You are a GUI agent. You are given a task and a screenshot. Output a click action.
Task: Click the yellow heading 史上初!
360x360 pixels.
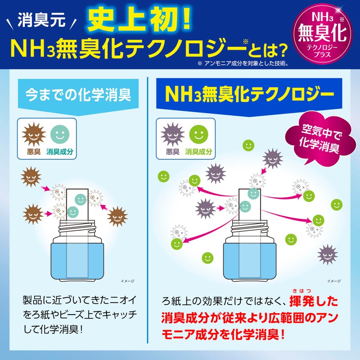click(140, 19)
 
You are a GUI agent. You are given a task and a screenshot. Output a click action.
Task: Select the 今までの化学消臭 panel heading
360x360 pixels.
click(78, 95)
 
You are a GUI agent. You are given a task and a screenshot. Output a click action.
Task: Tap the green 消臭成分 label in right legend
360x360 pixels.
click(198, 152)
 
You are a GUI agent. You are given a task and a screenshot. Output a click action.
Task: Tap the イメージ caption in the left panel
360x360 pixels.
click(128, 280)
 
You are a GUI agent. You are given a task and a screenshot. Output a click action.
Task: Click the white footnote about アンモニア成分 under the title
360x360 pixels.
click(243, 63)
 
